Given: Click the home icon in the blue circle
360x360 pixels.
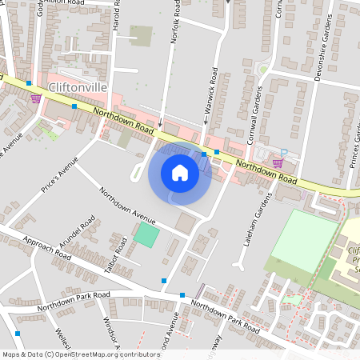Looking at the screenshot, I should (180, 173).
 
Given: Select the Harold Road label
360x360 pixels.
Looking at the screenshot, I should (118, 18).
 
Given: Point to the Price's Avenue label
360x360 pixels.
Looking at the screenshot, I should (61, 177).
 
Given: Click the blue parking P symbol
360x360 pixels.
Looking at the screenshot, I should (283, 150).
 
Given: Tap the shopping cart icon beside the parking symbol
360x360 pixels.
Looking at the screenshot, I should (278, 163).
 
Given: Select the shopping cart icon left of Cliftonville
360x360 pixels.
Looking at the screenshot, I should (35, 98).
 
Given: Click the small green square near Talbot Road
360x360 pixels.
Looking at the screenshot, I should (146, 235).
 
